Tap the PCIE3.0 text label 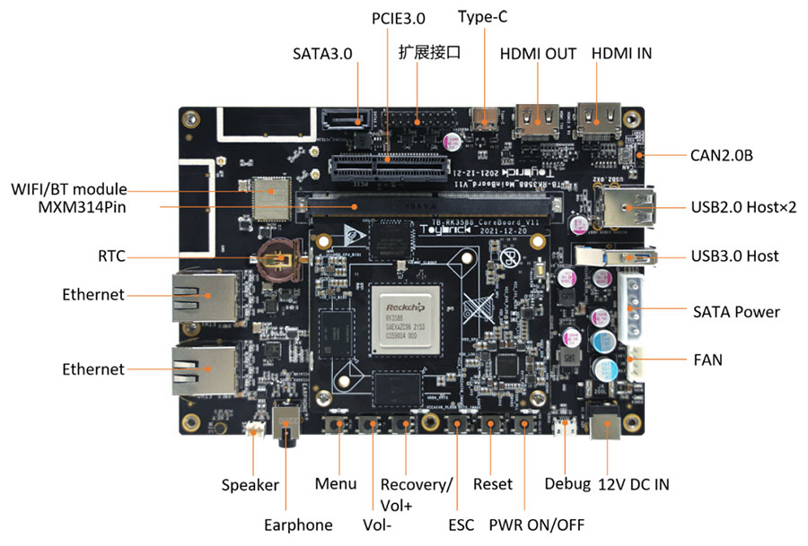[x=398, y=17]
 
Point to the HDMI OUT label [x=538, y=53]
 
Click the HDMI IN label [x=621, y=53]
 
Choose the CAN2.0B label [x=721, y=156]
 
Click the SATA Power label [x=736, y=312]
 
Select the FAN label [x=707, y=360]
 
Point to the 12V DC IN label [x=633, y=485]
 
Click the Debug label [x=567, y=484]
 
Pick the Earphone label [x=298, y=524]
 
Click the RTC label [x=112, y=256]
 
